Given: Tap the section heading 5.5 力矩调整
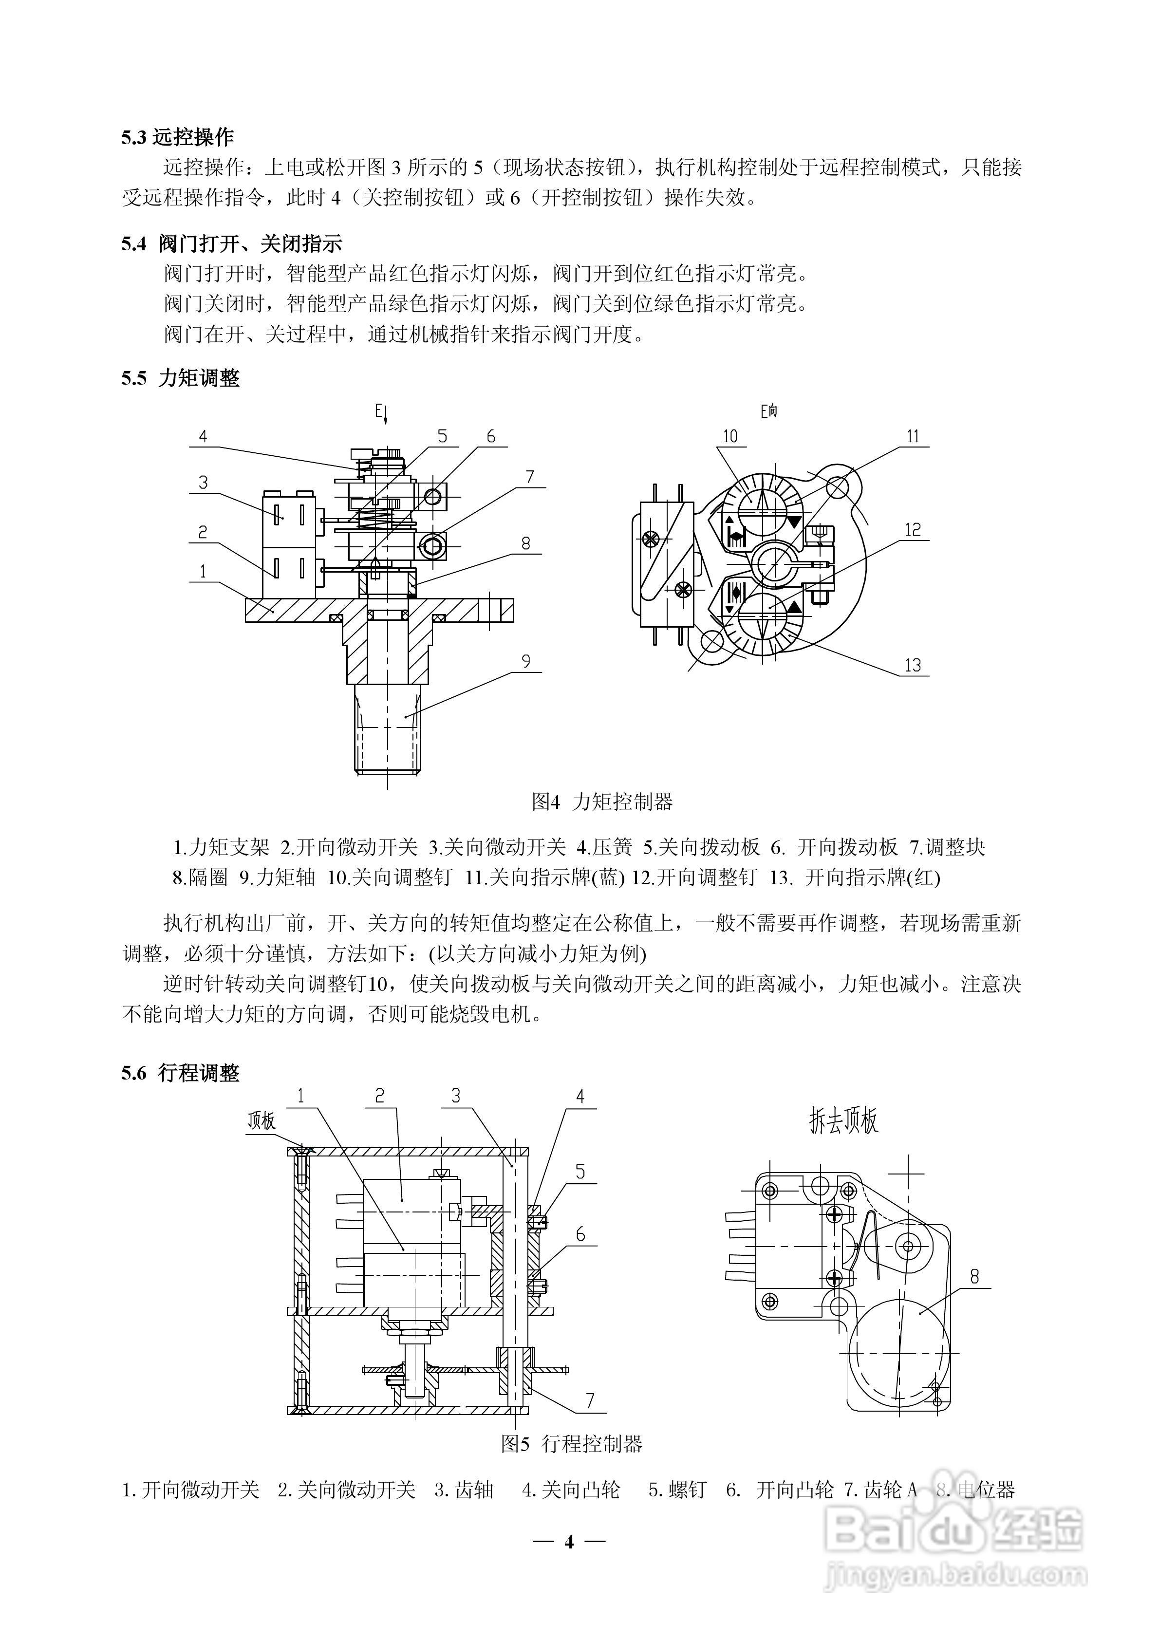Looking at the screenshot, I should click(180, 378).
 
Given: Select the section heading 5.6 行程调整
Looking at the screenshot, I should click(180, 1073).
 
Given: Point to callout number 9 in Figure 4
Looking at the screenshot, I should click(526, 661).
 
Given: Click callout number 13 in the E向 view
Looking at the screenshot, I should click(913, 665).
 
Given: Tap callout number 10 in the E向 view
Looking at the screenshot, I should click(729, 436).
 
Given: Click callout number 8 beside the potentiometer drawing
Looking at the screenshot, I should click(974, 1276).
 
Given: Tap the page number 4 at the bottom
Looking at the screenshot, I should click(569, 1542).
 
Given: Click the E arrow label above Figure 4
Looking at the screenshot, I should click(381, 412).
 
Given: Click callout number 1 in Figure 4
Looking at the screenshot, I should click(203, 572).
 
